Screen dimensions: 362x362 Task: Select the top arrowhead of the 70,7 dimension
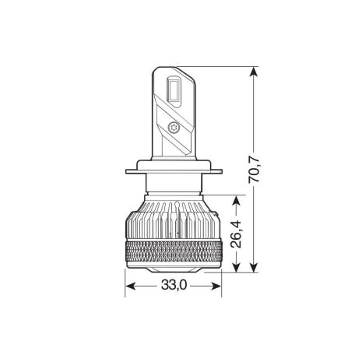click(x=253, y=72)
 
